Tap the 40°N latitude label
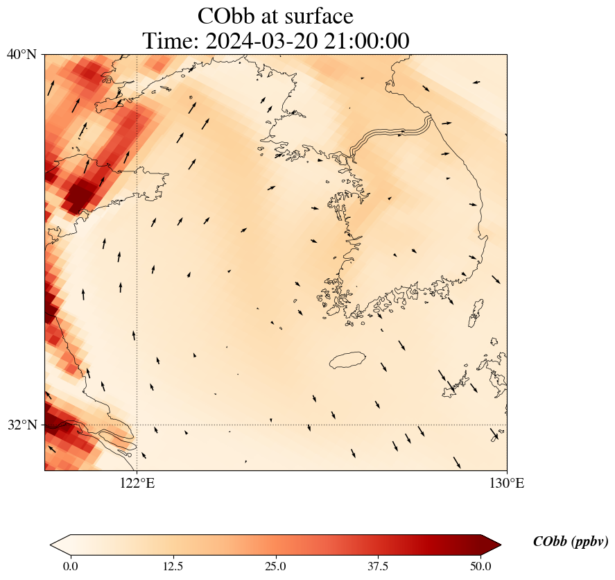pyautogui.click(x=21, y=54)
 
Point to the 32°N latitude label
pyautogui.click(x=21, y=425)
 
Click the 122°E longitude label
pyautogui.click(x=137, y=483)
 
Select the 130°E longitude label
pyautogui.click(x=507, y=483)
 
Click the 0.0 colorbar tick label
pyautogui.click(x=70, y=566)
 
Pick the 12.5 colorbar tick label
pyautogui.click(x=173, y=566)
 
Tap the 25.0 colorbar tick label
pyautogui.click(x=276, y=566)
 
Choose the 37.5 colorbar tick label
pyautogui.click(x=379, y=566)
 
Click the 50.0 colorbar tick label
pyautogui.click(x=481, y=566)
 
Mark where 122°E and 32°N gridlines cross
pyautogui.click(x=137, y=425)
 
